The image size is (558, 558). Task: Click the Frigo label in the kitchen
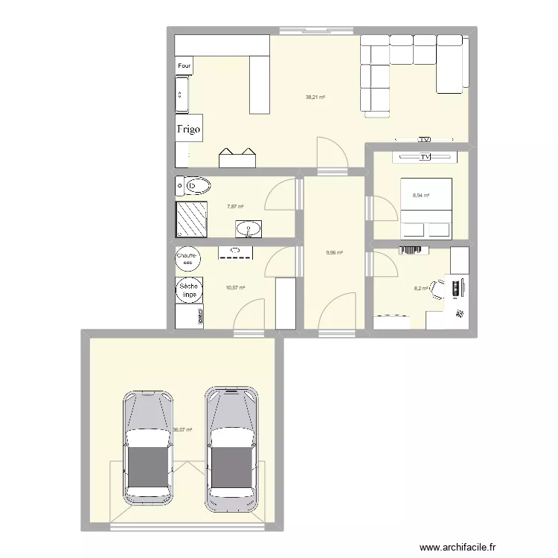click(x=188, y=129)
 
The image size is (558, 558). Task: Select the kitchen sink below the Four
click(x=183, y=94)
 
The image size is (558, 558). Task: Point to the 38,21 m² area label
click(x=315, y=97)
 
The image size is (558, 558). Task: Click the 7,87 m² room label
click(x=236, y=208)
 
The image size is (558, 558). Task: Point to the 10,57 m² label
click(x=236, y=286)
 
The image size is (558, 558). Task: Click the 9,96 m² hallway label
click(x=334, y=253)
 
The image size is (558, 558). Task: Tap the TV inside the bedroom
click(x=425, y=157)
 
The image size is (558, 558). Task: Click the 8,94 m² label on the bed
click(x=421, y=196)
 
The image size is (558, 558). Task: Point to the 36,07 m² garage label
click(x=183, y=429)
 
